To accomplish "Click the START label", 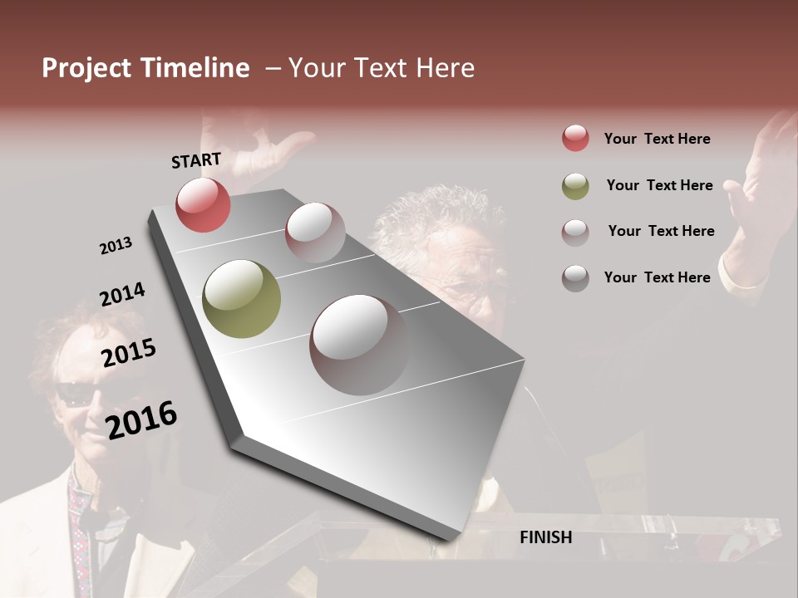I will click(x=196, y=160).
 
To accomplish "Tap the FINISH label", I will click(x=545, y=537).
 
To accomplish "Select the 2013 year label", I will click(x=116, y=246).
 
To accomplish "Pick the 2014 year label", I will click(x=122, y=295).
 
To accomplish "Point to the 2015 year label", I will click(x=129, y=354).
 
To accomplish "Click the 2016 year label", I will click(x=141, y=419).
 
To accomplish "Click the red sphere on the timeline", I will click(x=203, y=204).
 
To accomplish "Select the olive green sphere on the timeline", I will click(x=241, y=298).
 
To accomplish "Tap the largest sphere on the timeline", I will click(x=359, y=344).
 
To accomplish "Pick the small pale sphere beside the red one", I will click(x=315, y=232).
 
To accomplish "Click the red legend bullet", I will click(x=575, y=138).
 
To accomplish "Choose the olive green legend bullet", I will click(x=575, y=185).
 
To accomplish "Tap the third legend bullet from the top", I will click(x=575, y=232).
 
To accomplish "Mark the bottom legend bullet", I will click(x=575, y=278).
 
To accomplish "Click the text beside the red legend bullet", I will click(x=657, y=139).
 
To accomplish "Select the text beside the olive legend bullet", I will click(x=659, y=185).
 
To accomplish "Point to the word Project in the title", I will click(x=86, y=68).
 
